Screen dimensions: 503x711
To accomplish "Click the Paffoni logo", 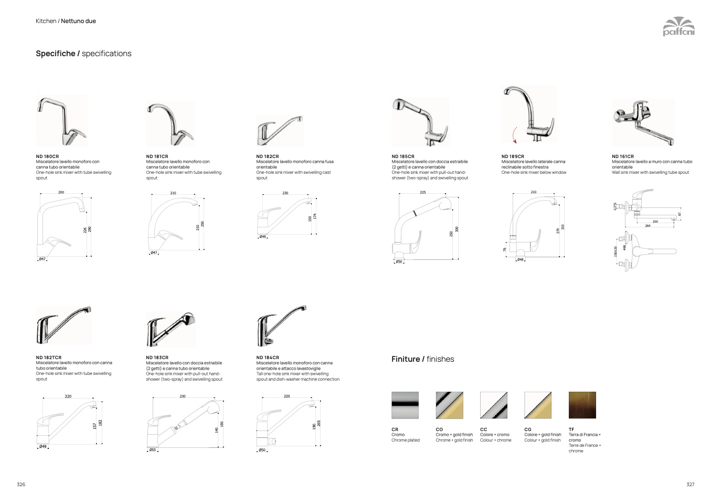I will click(x=678, y=26).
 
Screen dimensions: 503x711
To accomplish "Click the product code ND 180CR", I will click(x=47, y=156).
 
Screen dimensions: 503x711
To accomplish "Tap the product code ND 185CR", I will click(x=403, y=156).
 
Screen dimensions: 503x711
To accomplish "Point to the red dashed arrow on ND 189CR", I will click(x=514, y=134).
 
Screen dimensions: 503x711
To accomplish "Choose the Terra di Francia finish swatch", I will click(x=582, y=405).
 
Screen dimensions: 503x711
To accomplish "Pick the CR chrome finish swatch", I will click(x=405, y=405).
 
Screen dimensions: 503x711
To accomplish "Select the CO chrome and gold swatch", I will click(x=449, y=405).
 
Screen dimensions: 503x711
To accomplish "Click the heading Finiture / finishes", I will click(x=423, y=359).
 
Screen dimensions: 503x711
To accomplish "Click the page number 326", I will click(x=21, y=484).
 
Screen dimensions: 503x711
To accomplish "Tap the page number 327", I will click(x=690, y=484).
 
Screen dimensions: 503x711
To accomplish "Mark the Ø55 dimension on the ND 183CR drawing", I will click(x=152, y=450).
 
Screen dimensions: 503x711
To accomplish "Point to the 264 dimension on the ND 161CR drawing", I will click(x=648, y=226).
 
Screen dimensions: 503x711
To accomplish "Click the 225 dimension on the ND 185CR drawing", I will click(x=423, y=193).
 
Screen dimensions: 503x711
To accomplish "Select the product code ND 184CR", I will click(x=268, y=358).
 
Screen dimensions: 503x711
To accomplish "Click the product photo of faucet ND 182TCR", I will click(x=63, y=326).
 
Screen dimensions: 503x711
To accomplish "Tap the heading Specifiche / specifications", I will click(x=83, y=54).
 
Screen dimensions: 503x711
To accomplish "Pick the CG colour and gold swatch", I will click(x=538, y=405).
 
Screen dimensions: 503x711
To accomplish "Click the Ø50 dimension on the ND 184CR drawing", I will click(x=262, y=450).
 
